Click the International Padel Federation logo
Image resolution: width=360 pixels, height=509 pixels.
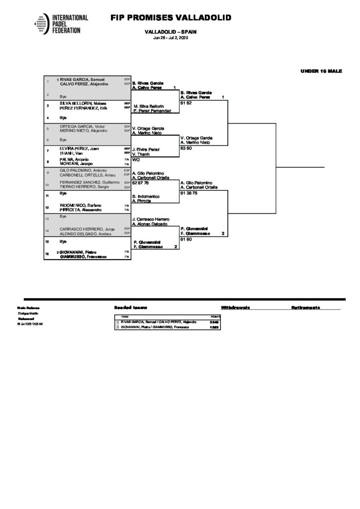click(x=61, y=24)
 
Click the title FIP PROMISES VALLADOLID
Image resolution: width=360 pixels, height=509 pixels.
click(x=171, y=18)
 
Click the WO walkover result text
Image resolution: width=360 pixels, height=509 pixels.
click(x=136, y=159)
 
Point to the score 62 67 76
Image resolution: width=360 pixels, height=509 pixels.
click(x=140, y=182)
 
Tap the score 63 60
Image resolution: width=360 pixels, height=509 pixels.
click(x=186, y=148)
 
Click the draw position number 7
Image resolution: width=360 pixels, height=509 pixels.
click(x=47, y=150)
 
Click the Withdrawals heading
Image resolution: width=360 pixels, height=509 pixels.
click(x=235, y=308)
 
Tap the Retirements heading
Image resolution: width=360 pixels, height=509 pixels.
click(x=305, y=308)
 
